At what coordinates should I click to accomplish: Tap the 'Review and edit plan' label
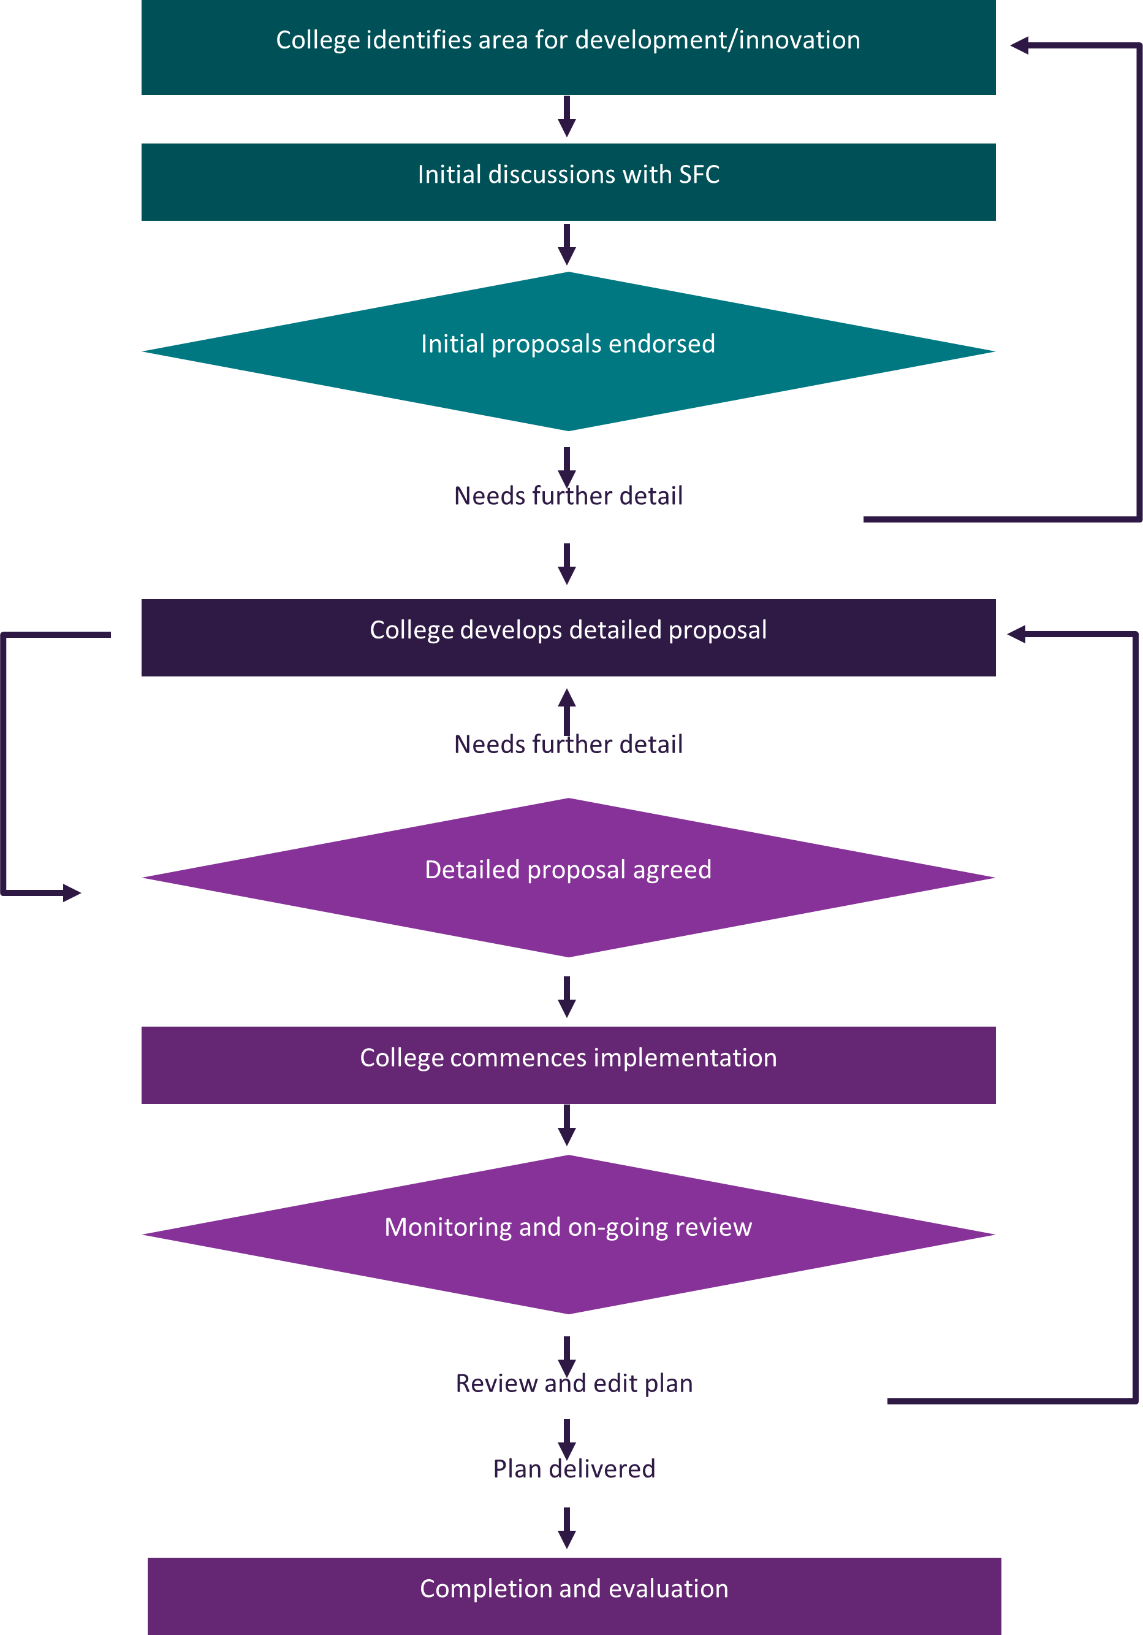[x=574, y=1383]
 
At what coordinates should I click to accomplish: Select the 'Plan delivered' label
[x=574, y=1468]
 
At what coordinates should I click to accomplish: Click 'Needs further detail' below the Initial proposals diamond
[x=568, y=496]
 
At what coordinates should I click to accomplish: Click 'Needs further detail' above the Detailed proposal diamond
[x=568, y=744]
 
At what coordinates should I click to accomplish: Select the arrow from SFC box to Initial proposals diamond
[x=566, y=245]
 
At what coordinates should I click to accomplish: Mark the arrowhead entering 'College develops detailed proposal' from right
[x=1016, y=634]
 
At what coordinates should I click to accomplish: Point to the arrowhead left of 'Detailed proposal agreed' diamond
[x=72, y=892]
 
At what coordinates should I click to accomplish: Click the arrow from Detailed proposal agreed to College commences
[x=566, y=997]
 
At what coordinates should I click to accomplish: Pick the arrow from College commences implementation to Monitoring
[x=566, y=1125]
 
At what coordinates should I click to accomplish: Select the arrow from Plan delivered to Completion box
[x=566, y=1528]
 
